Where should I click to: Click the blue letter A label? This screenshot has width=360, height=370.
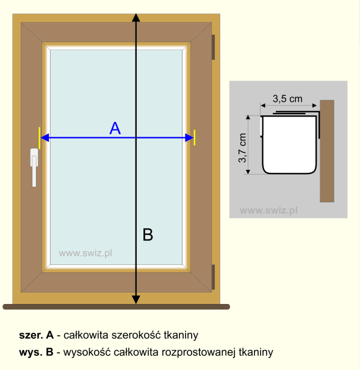115,128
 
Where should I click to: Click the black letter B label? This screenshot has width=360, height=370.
148,234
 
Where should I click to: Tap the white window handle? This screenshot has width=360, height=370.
34,167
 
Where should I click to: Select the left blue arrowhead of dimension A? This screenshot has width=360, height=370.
45,137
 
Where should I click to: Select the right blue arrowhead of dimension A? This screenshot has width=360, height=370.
189,137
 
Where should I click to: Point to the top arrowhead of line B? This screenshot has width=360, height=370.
136,18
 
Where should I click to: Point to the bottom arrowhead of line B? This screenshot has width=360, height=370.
136,300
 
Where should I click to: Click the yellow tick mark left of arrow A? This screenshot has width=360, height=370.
40,138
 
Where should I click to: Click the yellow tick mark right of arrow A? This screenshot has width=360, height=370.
195,137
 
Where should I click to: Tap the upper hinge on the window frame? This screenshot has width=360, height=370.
213,47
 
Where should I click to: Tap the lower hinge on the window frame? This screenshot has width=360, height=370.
213,277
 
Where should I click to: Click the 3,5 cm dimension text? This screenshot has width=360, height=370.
287,99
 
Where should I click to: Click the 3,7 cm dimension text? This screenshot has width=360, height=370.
242,148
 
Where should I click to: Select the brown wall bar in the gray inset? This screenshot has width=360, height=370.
327,151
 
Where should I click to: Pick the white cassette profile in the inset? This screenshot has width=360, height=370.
289,145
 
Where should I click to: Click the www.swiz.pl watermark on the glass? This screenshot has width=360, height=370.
85,253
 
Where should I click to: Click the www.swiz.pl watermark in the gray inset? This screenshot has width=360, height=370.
268,210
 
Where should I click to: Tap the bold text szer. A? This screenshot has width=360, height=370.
37,335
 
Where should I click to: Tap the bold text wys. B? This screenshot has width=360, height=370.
37,352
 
